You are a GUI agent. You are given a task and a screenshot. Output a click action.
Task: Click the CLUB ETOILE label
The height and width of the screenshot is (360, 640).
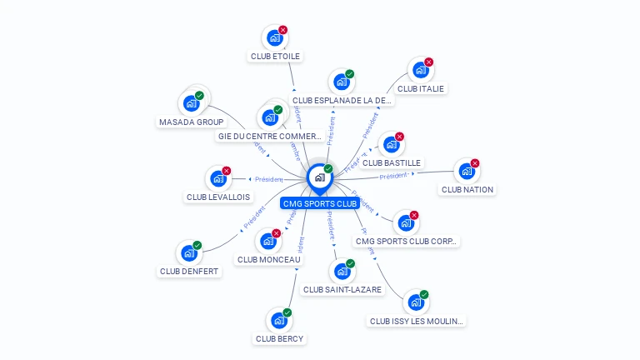click(x=275, y=57)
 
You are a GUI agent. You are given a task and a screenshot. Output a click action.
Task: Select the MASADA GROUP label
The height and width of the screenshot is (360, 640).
click(x=191, y=122)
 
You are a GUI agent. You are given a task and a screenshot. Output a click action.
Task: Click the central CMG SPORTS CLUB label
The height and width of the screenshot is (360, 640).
click(x=320, y=203)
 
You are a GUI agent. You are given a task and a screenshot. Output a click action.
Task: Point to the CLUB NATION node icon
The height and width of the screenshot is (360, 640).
click(x=466, y=171)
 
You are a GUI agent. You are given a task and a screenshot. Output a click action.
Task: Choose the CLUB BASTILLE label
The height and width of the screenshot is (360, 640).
click(x=392, y=162)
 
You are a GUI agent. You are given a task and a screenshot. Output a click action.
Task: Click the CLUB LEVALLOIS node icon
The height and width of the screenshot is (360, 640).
click(x=217, y=178)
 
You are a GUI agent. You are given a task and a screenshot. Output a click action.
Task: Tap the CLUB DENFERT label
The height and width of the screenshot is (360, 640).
click(x=190, y=271)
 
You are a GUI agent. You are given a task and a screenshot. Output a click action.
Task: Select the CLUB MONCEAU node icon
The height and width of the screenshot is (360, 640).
click(x=267, y=241)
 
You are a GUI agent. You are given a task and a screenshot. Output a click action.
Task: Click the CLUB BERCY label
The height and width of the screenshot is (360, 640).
click(x=280, y=338)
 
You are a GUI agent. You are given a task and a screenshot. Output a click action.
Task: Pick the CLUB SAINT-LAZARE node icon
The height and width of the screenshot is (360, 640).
click(x=341, y=271)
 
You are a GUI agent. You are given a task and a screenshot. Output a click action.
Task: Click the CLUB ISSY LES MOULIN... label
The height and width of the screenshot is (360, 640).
click(x=417, y=321)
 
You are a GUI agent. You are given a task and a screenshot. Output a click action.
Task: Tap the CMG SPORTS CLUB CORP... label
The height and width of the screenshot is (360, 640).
click(x=406, y=242)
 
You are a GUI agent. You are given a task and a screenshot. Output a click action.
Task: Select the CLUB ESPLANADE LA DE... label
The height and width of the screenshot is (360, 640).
click(x=342, y=100)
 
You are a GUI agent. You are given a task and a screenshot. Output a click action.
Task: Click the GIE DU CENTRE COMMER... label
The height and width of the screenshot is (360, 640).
click(x=269, y=136)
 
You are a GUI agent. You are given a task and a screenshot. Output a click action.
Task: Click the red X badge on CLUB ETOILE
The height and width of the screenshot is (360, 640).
click(x=283, y=30)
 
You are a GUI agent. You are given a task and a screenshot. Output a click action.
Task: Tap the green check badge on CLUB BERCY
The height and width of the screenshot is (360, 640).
click(x=287, y=312)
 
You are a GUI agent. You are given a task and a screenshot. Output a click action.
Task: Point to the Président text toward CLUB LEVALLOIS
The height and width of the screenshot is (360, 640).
click(x=269, y=179)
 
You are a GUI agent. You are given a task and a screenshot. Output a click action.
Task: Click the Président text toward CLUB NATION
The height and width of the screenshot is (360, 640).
click(x=392, y=176)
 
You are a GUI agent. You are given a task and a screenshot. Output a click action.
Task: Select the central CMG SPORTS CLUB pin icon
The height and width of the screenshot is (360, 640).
click(x=319, y=177)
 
